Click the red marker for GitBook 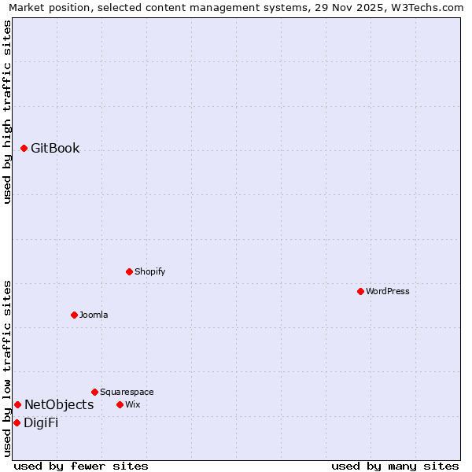click(x=24, y=148)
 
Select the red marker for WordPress click(x=360, y=291)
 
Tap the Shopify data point click(x=129, y=271)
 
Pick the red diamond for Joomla click(x=74, y=315)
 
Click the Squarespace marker click(x=94, y=392)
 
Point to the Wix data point click(x=120, y=404)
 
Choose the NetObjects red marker click(x=17, y=404)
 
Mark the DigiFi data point click(x=17, y=422)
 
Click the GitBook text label click(x=55, y=148)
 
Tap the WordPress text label click(x=388, y=291)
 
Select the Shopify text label click(x=149, y=271)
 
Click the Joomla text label click(x=94, y=315)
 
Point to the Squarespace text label click(x=127, y=392)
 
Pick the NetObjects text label click(x=59, y=404)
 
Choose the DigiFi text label click(x=41, y=422)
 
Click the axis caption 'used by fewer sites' click(x=81, y=466)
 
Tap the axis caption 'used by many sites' click(x=395, y=466)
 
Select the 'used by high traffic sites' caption click(x=7, y=112)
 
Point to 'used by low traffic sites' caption click(x=7, y=367)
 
